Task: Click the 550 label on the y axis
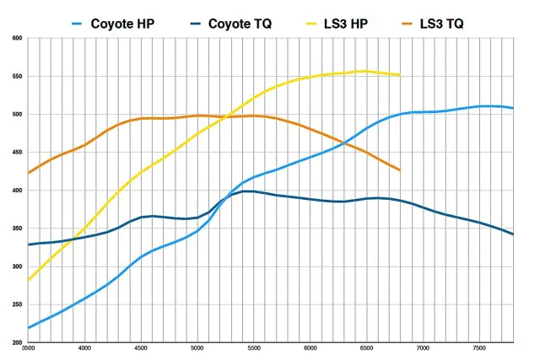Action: click(x=18, y=77)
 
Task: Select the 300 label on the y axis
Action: click(x=18, y=266)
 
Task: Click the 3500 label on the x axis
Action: click(x=29, y=348)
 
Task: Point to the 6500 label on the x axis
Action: click(x=366, y=348)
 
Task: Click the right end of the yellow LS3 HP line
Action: click(x=400, y=75)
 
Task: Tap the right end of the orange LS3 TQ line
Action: click(x=400, y=170)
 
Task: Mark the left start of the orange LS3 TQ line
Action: click(x=29, y=173)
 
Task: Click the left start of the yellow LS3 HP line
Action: click(x=29, y=280)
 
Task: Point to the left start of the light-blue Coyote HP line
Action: click(x=29, y=327)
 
